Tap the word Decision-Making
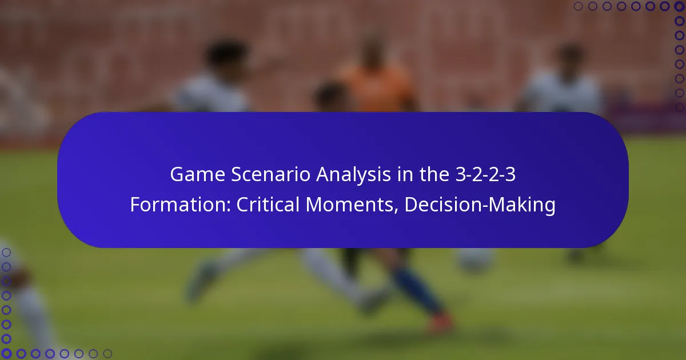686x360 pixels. [480, 205]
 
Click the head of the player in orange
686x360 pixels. [372, 49]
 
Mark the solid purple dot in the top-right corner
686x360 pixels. [680, 6]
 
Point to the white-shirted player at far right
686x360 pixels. [563, 86]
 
